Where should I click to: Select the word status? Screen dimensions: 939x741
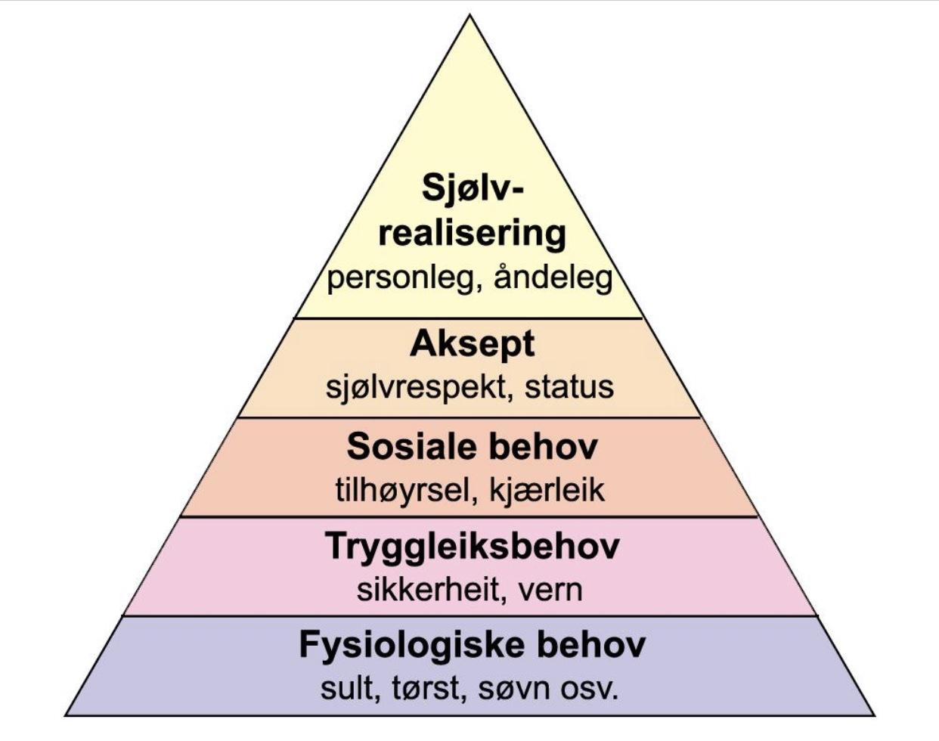pyautogui.click(x=569, y=387)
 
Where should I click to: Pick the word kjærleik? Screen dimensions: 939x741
pyautogui.click(x=547, y=490)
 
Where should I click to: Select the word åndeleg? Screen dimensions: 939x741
pyautogui.click(x=553, y=277)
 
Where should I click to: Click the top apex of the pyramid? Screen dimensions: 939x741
pyautogui.click(x=469, y=15)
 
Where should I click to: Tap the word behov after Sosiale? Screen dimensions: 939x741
pyautogui.click(x=542, y=447)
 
